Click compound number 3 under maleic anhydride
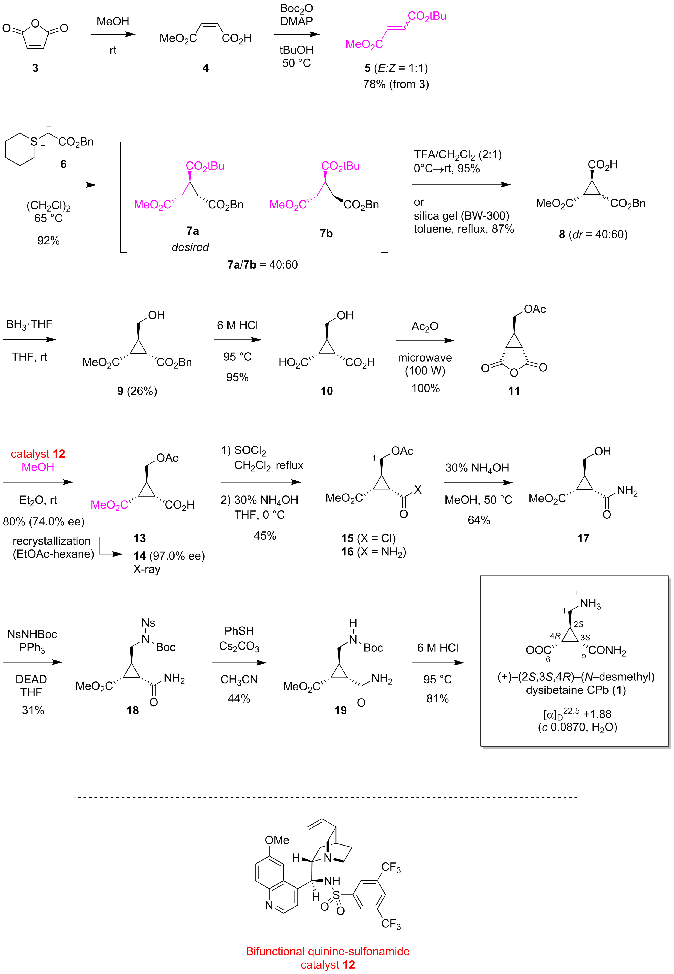coord(35,68)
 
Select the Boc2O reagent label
coord(296,8)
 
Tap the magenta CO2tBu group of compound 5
coord(427,16)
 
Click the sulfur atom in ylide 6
coord(34,142)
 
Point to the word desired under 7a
coord(190,247)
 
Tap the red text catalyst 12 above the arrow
coord(38,454)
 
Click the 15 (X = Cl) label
coord(368,538)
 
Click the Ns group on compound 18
coord(148,623)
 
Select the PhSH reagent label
coord(239,631)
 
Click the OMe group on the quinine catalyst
coord(277,840)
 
